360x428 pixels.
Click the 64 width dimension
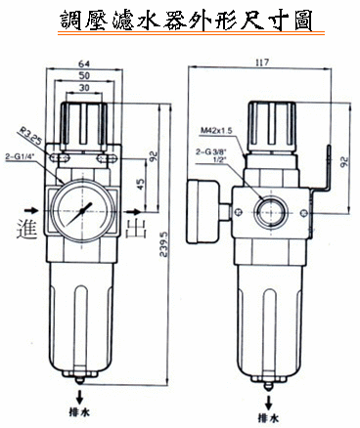pos(84,64)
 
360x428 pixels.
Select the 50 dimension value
pos(84,75)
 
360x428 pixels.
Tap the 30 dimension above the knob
pos(84,88)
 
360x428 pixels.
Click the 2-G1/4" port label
pos(21,157)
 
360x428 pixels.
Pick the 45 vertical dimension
pos(140,185)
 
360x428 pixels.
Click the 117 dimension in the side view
pos(262,63)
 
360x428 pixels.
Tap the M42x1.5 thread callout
pos(216,131)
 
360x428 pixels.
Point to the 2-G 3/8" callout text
pos(211,151)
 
